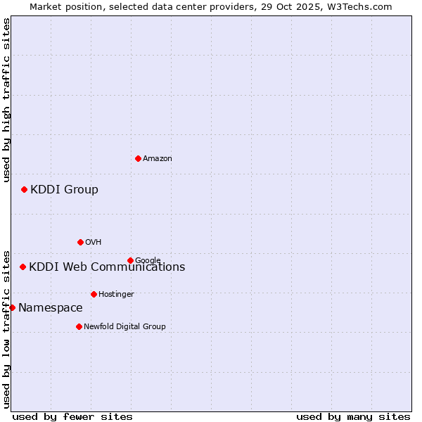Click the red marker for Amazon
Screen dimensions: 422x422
click(138, 158)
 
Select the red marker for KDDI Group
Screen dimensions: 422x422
click(24, 189)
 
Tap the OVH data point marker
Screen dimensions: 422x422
click(80, 242)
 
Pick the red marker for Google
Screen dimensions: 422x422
click(130, 260)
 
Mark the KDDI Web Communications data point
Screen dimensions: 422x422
click(23, 267)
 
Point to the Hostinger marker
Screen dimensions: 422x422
click(94, 294)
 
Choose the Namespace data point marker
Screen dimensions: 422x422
click(12, 307)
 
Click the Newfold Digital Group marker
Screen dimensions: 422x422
click(79, 326)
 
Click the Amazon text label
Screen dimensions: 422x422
click(158, 159)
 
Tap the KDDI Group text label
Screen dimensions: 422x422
click(64, 190)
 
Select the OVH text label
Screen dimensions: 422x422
click(94, 243)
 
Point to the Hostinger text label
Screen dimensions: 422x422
click(116, 295)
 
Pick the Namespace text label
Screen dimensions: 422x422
click(50, 308)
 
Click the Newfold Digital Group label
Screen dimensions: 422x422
click(124, 327)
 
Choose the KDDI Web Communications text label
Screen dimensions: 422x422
click(107, 267)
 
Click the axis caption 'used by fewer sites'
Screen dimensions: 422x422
click(72, 416)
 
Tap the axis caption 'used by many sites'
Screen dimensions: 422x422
click(353, 416)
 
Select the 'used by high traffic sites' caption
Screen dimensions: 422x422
click(6, 100)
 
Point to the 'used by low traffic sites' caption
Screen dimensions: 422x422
click(6, 328)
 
